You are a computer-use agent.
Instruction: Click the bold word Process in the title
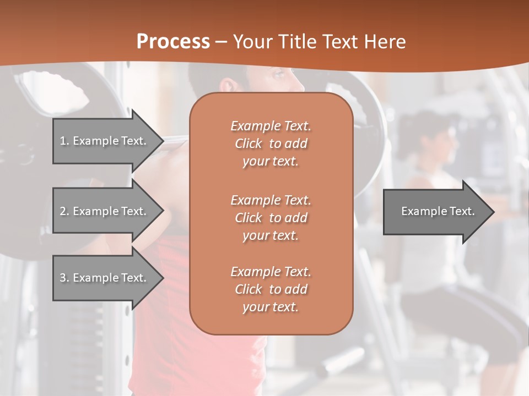pyautogui.click(x=173, y=42)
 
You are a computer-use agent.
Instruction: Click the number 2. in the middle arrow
pyautogui.click(x=64, y=211)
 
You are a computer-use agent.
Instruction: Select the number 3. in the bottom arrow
pyautogui.click(x=64, y=278)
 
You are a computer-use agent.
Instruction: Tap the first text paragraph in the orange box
pyautogui.click(x=271, y=144)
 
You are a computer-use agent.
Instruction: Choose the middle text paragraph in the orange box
pyautogui.click(x=271, y=218)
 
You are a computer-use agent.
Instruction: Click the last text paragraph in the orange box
pyautogui.click(x=271, y=289)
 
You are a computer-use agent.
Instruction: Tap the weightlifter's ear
pyautogui.click(x=227, y=85)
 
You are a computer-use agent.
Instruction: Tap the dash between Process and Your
pyautogui.click(x=222, y=42)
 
